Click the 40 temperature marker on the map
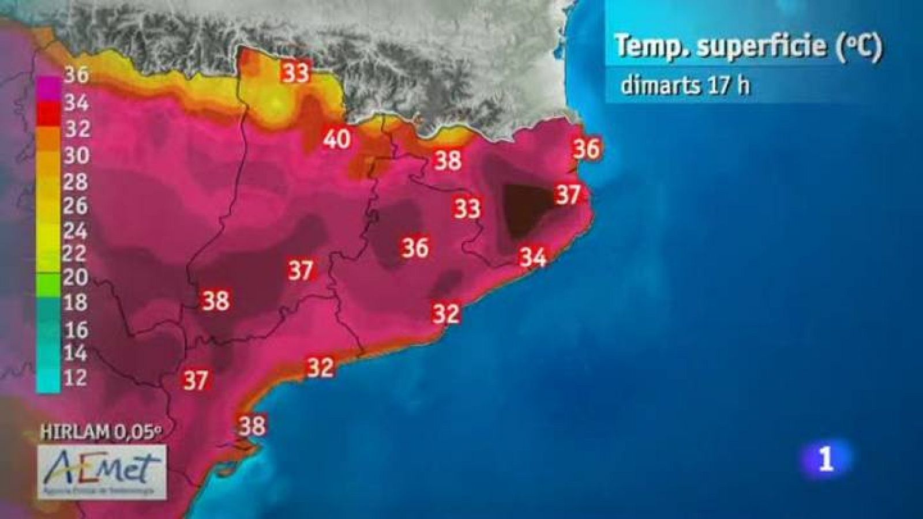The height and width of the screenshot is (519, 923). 337,139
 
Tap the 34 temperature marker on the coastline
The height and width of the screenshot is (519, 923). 532,257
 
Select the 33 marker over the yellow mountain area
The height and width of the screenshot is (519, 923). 295,73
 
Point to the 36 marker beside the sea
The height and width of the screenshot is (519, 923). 586,149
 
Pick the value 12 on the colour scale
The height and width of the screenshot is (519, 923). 76,377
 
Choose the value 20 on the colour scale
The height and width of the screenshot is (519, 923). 76,277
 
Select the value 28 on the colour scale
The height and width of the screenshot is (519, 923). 76,182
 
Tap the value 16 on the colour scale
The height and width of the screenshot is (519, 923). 76,329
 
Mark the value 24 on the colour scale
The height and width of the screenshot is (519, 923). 76,231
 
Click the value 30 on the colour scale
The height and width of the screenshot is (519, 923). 76,155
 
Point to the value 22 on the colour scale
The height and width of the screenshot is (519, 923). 76,253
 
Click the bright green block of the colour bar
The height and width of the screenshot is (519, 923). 48,283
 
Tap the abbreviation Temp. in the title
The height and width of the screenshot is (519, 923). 652,46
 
